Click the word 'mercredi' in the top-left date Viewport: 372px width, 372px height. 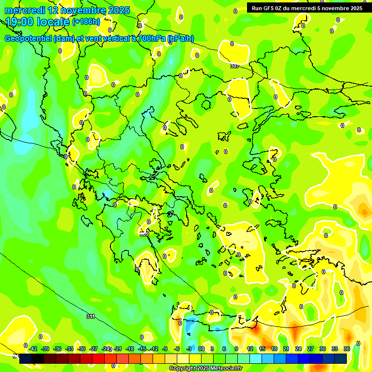[x=25, y=10]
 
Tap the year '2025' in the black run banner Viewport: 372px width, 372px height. [x=354, y=8]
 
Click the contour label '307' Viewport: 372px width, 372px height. [x=234, y=66]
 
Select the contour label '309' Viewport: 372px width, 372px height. [x=144, y=234]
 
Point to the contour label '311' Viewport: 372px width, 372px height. [x=91, y=316]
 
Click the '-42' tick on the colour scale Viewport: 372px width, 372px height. [x=33, y=349]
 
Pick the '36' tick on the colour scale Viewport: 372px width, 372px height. [x=347, y=349]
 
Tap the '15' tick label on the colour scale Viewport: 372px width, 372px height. [x=262, y=349]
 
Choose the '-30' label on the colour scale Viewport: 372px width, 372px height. [x=81, y=349]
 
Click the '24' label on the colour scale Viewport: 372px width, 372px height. [x=298, y=349]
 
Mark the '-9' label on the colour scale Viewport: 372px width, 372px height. [x=165, y=349]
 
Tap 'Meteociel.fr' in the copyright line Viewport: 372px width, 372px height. [x=226, y=369]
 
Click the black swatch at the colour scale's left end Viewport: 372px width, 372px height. [x=26, y=358]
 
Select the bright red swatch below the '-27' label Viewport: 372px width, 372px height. [x=98, y=358]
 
